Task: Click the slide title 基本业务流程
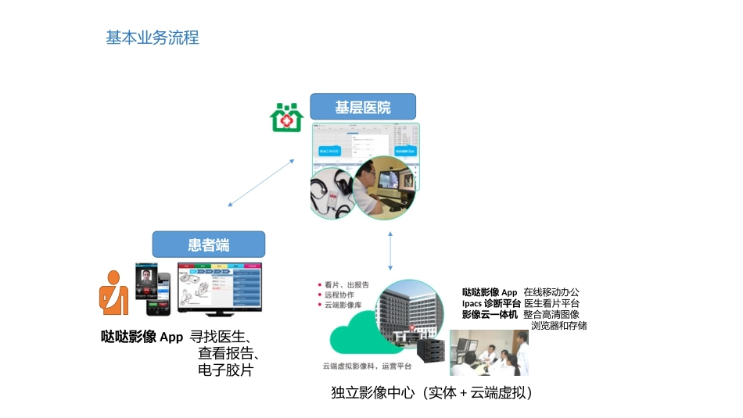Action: coord(153,38)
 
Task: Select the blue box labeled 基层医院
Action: coord(363,107)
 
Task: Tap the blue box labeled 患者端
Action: coord(208,245)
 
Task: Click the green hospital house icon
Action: coord(286,117)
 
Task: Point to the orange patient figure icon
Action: coord(113,293)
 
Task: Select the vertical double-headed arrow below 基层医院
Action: coord(389,247)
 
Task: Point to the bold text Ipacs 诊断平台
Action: coord(491,303)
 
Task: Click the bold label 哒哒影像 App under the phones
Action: coord(142,338)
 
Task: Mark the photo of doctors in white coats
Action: coord(488,352)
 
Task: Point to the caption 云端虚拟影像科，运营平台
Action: coord(367,365)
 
